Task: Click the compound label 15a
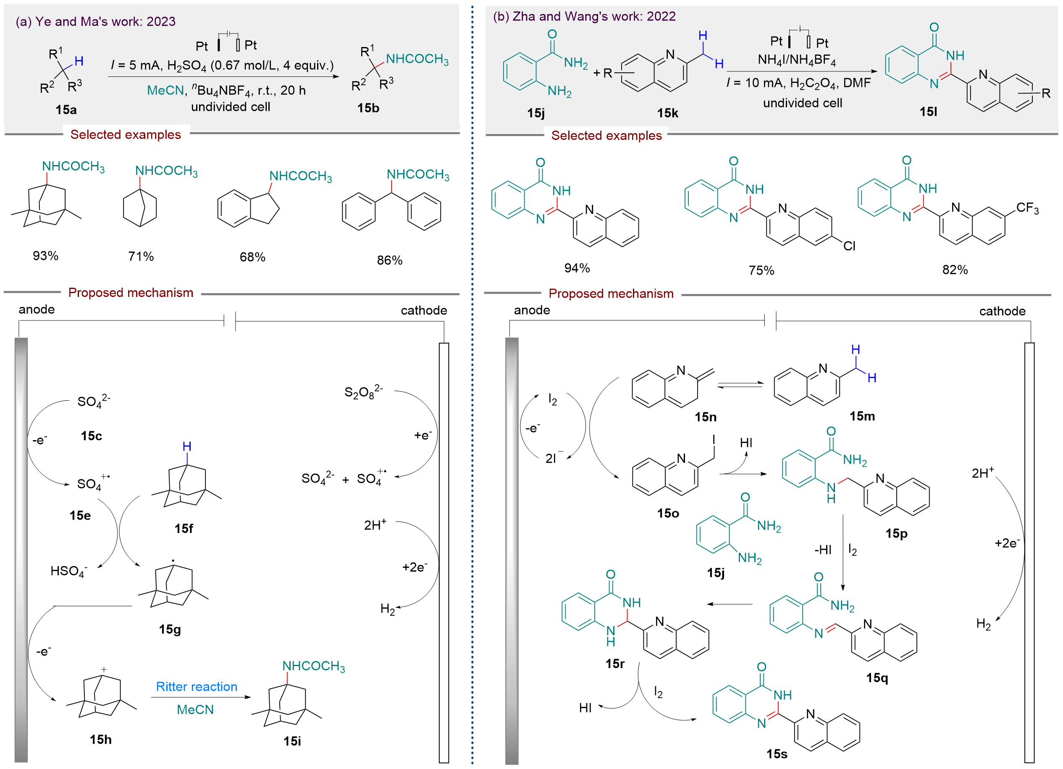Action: [66, 110]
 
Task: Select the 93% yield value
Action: [45, 256]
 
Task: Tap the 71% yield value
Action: [141, 256]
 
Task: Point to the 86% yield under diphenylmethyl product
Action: [389, 260]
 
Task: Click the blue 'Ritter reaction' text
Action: [197, 687]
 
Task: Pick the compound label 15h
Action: [100, 740]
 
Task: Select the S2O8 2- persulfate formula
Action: [363, 392]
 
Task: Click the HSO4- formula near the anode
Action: [68, 571]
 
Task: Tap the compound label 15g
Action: [170, 629]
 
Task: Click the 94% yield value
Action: [577, 268]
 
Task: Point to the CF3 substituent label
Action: [1027, 208]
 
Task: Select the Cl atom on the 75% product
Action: [849, 246]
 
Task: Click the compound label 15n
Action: [706, 417]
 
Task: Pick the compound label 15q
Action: [877, 677]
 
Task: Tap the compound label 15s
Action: [777, 754]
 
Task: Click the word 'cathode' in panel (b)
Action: [1002, 311]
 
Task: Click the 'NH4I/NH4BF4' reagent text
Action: [797, 60]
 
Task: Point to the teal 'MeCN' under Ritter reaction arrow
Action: [195, 709]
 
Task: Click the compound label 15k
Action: [667, 113]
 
